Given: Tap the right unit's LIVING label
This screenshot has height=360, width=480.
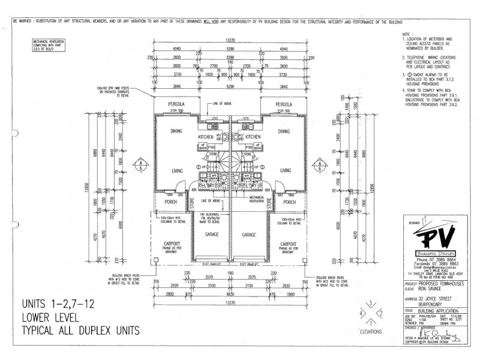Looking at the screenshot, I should [289, 161].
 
